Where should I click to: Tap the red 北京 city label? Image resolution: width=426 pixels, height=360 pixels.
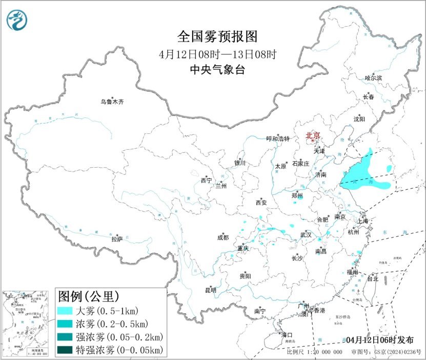tap(313, 135)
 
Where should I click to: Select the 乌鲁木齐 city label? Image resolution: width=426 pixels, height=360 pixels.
tap(112, 102)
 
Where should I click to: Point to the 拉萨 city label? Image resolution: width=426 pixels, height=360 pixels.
tap(117, 238)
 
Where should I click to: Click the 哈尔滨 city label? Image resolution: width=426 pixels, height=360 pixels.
tap(373, 77)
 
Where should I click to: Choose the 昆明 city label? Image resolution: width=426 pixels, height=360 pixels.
tap(211, 290)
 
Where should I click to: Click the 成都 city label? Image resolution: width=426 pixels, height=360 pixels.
tap(222, 237)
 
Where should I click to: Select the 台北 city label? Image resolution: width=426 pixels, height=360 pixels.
tap(372, 279)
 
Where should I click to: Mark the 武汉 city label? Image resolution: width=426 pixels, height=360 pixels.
tap(307, 235)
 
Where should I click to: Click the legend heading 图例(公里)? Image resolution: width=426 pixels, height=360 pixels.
tap(89, 296)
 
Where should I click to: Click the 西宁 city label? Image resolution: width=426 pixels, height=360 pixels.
tap(206, 180)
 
